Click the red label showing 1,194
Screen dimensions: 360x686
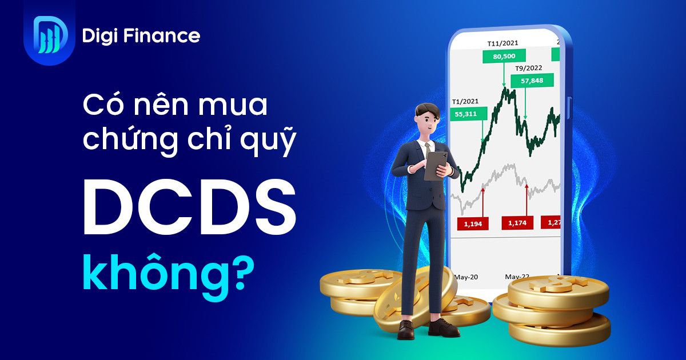tap(472, 223)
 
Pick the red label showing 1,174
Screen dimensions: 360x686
tap(517, 223)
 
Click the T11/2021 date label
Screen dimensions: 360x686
tap(504, 43)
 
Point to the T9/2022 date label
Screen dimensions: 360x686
tap(528, 68)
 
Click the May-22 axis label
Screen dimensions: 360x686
tap(517, 277)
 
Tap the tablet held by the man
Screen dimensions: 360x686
tap(436, 165)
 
